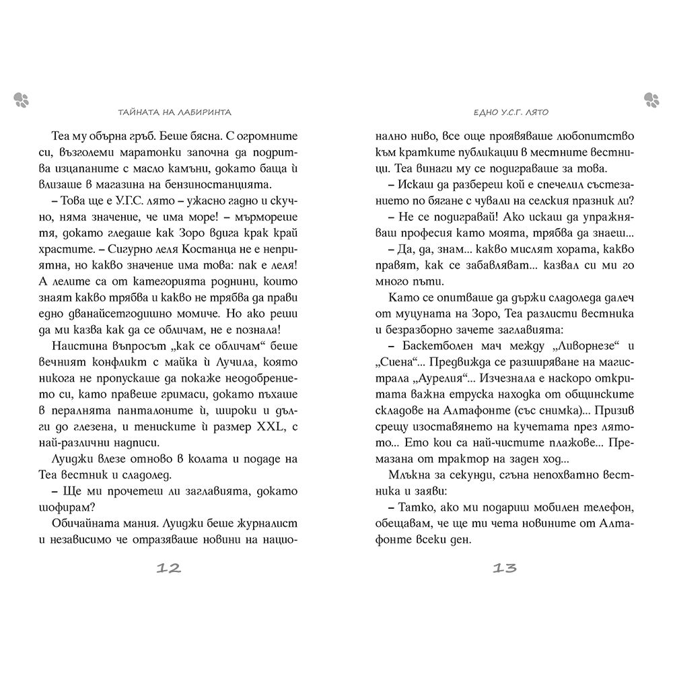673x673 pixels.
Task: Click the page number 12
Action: coord(168,568)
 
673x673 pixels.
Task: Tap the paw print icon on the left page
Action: coord(20,100)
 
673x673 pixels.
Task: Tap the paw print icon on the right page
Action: coord(651,100)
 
